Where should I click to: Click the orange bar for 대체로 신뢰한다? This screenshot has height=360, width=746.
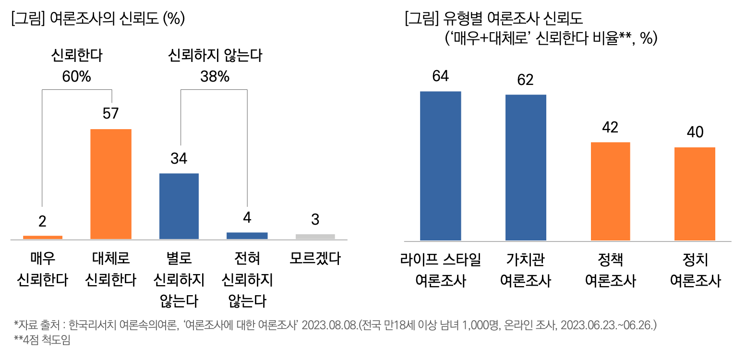(111, 184)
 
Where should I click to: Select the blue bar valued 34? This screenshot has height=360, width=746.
(179, 206)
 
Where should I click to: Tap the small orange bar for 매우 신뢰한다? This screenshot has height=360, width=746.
(43, 237)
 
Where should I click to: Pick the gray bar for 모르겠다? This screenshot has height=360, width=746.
(315, 236)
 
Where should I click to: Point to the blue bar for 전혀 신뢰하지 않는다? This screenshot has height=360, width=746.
(247, 236)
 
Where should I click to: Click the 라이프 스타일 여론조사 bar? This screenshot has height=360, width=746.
(440, 166)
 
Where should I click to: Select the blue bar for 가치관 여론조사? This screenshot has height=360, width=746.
(526, 168)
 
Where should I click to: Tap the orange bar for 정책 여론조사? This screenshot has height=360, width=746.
(610, 191)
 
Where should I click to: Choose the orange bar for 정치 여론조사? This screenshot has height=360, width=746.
(695, 193)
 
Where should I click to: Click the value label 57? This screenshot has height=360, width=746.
(110, 114)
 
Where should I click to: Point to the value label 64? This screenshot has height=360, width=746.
(440, 76)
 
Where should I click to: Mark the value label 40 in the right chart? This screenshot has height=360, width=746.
(695, 132)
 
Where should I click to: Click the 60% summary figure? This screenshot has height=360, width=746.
(76, 77)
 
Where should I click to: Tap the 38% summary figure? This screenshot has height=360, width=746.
(215, 77)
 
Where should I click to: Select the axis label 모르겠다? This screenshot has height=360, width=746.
(315, 259)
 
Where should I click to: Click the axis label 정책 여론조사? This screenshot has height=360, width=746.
(610, 270)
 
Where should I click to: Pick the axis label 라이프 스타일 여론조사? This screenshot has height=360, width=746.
(440, 270)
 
